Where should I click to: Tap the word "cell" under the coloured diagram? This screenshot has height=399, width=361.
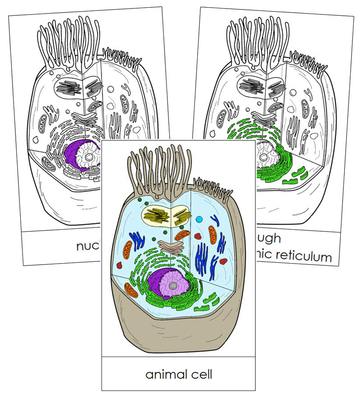point(201,374)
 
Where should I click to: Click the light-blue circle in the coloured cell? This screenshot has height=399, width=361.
point(199,220)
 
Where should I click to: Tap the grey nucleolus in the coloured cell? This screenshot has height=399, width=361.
point(173,286)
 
